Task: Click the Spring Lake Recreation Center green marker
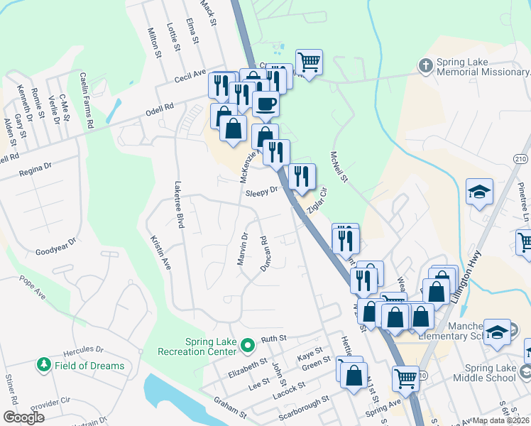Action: point(247,346)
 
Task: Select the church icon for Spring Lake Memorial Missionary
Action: point(425,67)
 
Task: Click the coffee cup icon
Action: point(265,104)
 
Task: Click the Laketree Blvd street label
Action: point(179,204)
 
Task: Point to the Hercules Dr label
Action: point(84,350)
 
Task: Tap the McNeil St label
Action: point(339,165)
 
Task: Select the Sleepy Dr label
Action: point(261,192)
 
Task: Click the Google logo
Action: point(23,417)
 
